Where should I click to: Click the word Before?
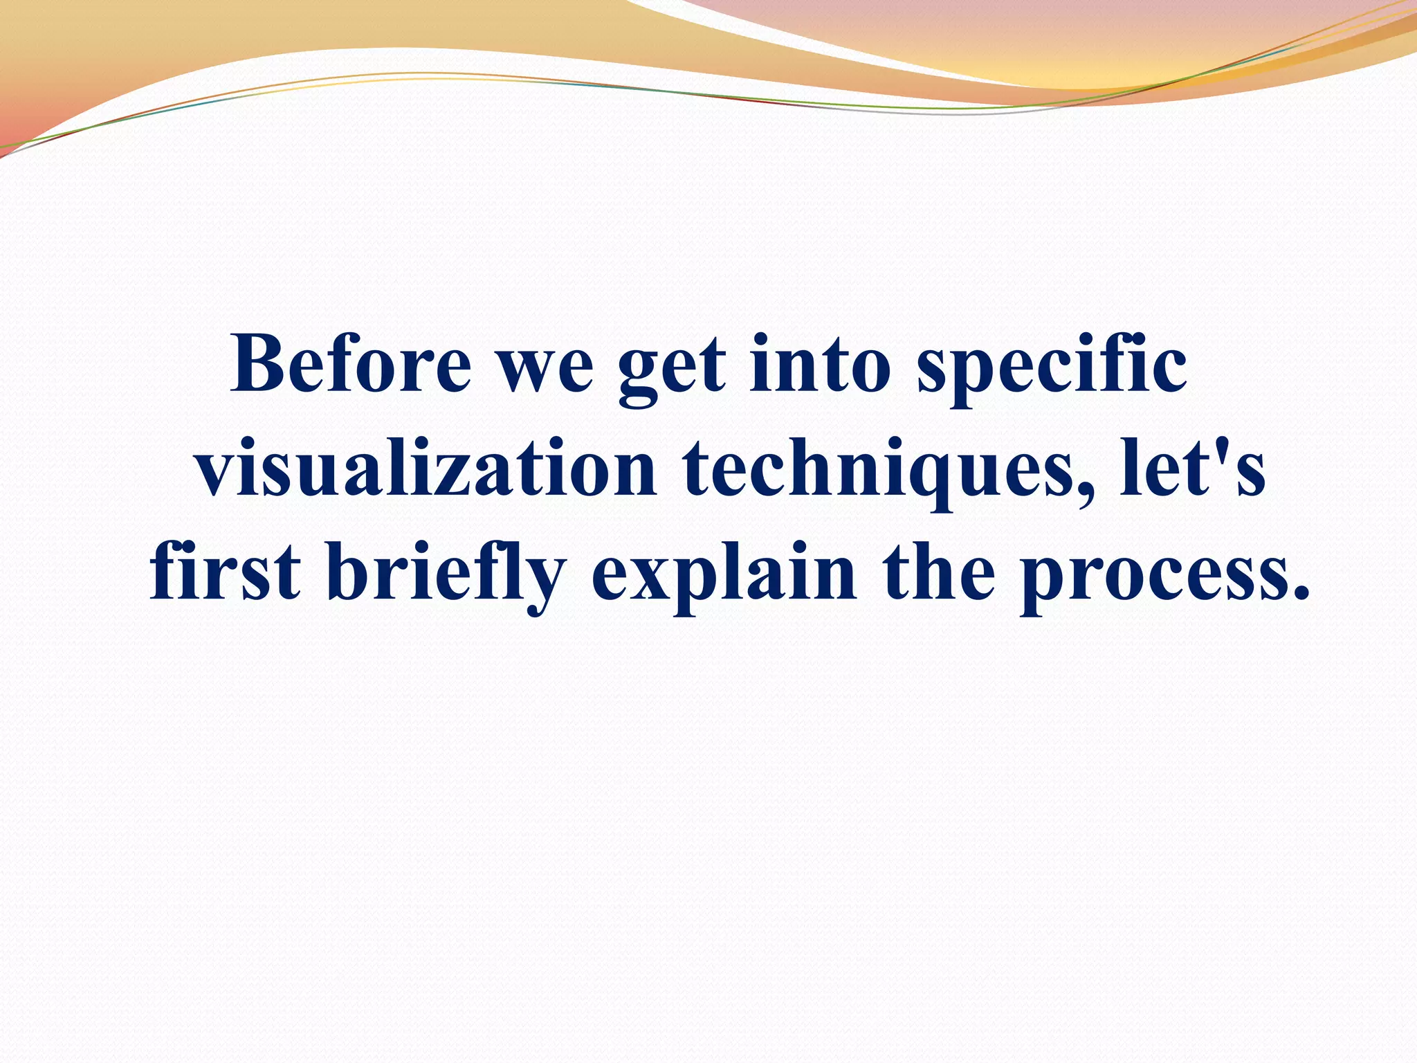click(x=351, y=364)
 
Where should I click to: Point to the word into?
click(x=821, y=364)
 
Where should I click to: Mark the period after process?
click(x=1301, y=594)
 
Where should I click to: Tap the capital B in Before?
click(x=259, y=364)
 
